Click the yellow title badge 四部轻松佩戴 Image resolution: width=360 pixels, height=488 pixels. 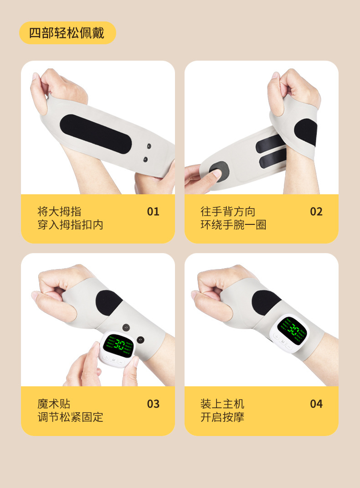coord(67,33)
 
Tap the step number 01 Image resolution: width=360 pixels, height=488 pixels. coord(153,212)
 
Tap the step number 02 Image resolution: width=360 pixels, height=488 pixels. coord(316,212)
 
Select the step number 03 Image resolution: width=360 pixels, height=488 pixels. coord(153,404)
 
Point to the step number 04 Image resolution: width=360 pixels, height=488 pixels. coord(316,404)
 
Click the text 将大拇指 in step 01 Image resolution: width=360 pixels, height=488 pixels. coord(59,212)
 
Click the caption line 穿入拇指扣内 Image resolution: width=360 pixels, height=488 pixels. coord(70,225)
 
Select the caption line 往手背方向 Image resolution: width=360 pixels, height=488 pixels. coord(228,212)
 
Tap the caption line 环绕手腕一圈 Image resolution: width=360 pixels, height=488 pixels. coord(233,225)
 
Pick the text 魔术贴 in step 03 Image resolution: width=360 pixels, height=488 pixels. coord(54,404)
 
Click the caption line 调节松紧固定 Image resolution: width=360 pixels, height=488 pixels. coord(70,418)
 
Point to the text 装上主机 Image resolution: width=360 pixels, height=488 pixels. coord(222,404)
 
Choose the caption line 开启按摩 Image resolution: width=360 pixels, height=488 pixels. coord(222,418)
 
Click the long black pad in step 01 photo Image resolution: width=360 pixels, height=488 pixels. coord(96,133)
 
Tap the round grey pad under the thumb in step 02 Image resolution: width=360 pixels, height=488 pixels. coord(219,172)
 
